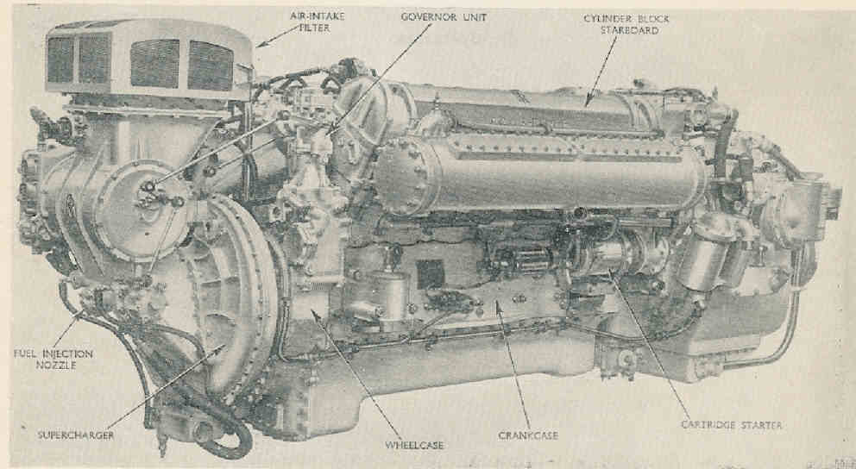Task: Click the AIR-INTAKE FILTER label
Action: click(318, 22)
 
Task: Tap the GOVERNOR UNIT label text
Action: click(444, 17)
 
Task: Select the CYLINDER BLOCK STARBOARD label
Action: click(626, 24)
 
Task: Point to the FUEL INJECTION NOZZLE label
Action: click(53, 359)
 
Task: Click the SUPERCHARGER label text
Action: click(76, 435)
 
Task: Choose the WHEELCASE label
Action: click(414, 445)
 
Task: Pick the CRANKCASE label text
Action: click(528, 435)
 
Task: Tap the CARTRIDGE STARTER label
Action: click(731, 424)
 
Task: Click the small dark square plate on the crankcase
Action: click(431, 274)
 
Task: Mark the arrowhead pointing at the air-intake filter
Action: click(259, 46)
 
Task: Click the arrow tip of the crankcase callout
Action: click(497, 302)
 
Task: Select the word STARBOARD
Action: click(629, 30)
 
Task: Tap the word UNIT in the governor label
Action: click(472, 17)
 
